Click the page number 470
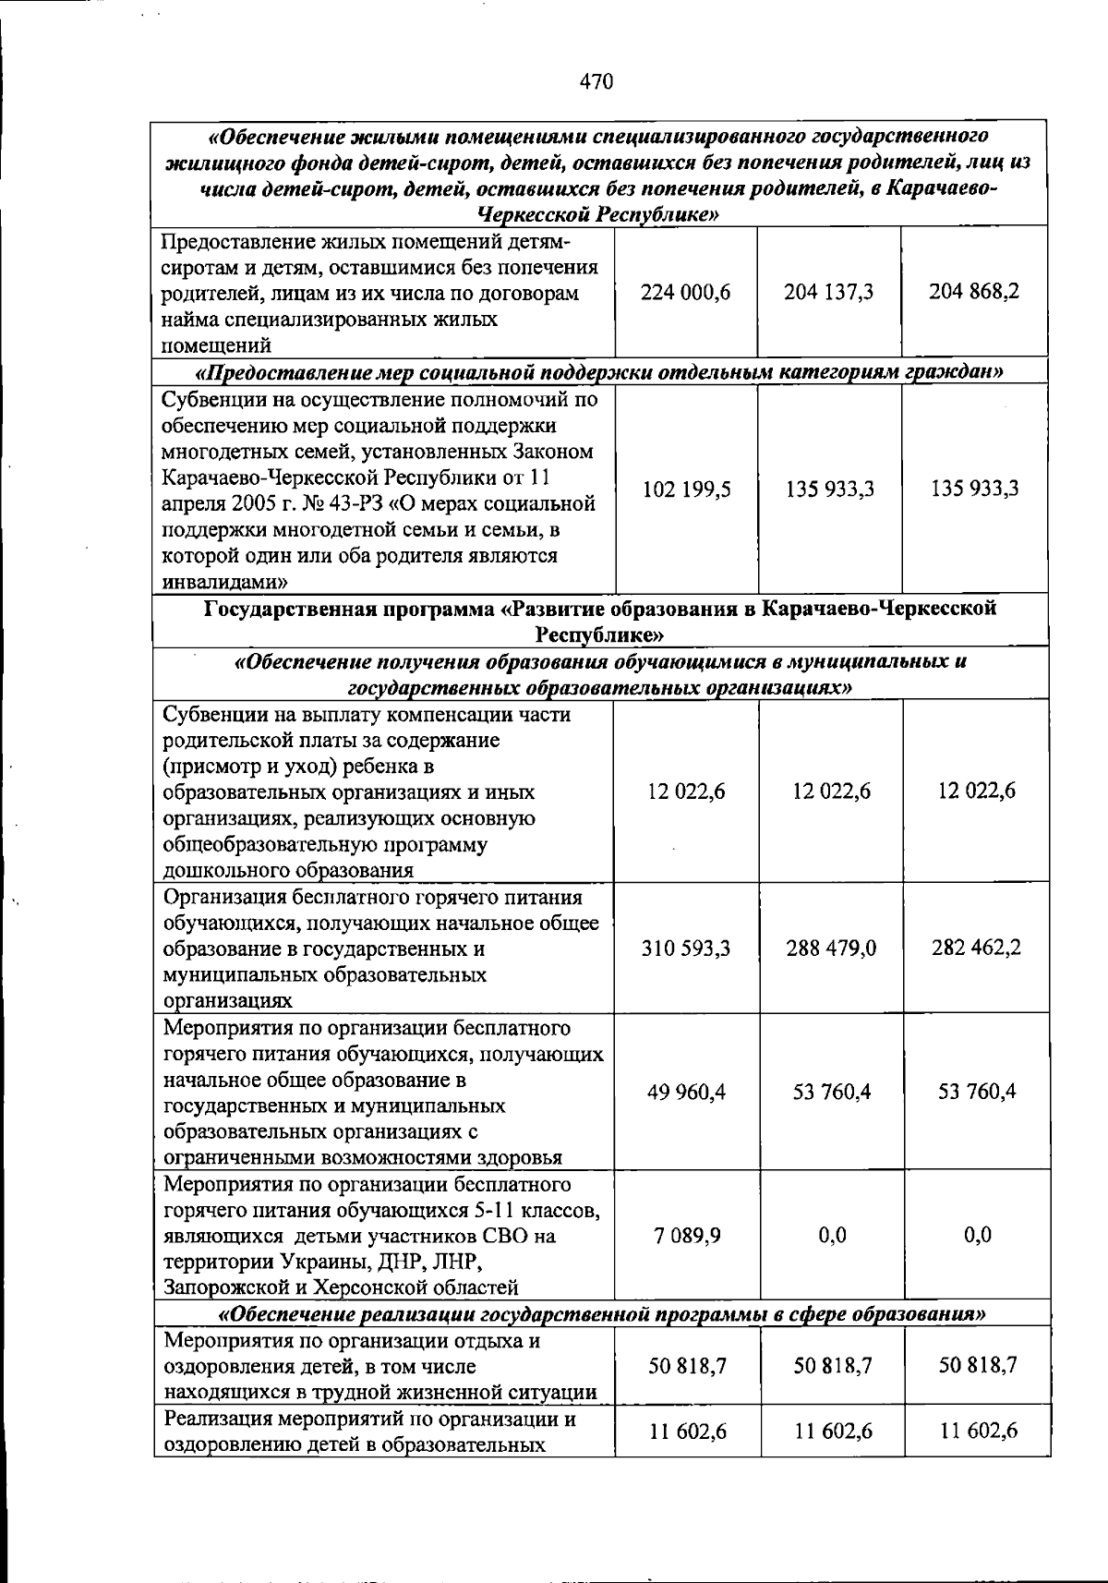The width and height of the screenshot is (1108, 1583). pos(596,82)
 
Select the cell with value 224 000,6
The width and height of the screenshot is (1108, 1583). pos(685,293)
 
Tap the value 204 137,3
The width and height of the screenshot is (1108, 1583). pos(829,293)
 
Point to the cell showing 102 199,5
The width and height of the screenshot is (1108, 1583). pos(686,489)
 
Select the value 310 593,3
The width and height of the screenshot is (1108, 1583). pos(686,949)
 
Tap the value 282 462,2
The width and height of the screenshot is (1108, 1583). pos(976,948)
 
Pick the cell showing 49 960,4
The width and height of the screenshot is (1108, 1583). pos(686,1093)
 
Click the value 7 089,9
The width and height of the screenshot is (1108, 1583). pos(686,1236)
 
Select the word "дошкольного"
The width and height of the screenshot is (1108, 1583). pos(224,870)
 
